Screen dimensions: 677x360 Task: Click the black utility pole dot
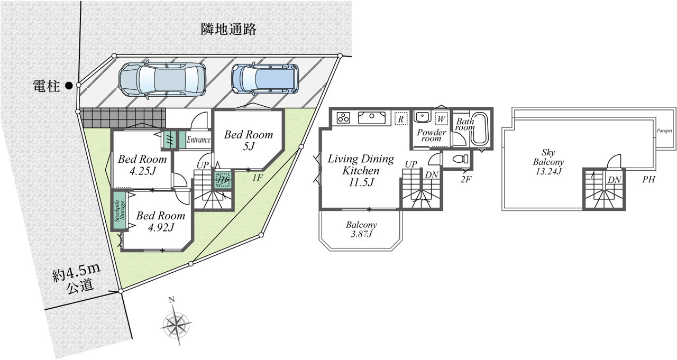69,86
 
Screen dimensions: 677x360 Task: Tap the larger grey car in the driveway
162,79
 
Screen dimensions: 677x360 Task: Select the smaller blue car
265,79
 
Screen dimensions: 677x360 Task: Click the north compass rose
176,323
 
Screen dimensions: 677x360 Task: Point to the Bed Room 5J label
249,140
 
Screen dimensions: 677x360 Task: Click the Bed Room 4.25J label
142,164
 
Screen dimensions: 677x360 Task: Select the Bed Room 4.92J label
160,221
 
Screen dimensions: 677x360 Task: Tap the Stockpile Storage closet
120,210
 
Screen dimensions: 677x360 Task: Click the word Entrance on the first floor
198,140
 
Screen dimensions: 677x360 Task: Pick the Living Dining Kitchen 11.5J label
361,170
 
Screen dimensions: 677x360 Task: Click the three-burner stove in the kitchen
344,117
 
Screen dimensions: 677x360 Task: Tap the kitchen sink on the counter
372,117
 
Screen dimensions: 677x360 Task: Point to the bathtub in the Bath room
480,129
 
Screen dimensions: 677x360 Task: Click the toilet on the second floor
460,159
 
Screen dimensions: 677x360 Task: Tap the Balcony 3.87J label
361,229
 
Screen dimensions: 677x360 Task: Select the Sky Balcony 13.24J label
548,162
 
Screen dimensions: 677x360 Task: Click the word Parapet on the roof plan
664,131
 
